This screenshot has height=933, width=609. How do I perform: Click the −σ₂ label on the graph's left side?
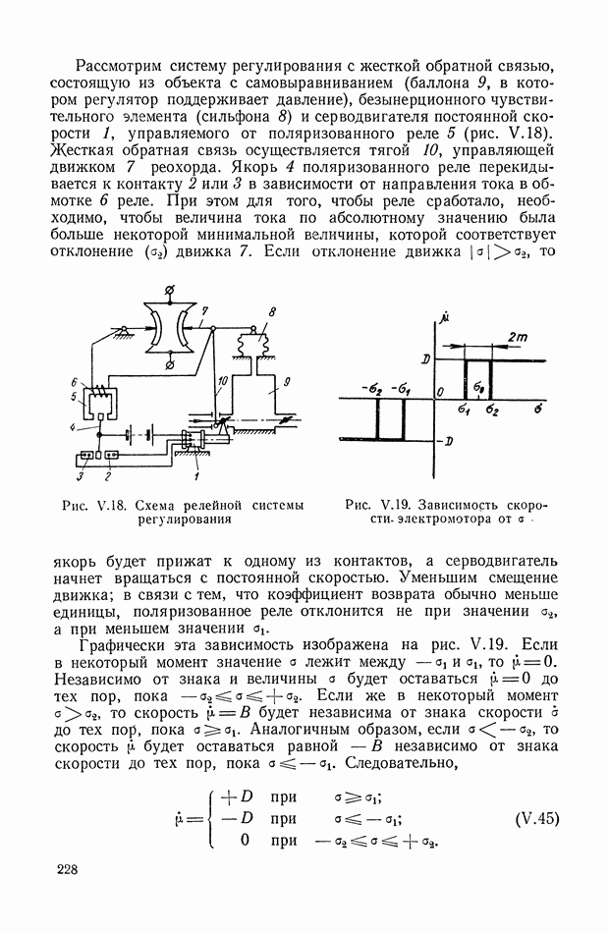click(373, 388)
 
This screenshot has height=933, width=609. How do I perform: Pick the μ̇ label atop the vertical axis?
click(444, 317)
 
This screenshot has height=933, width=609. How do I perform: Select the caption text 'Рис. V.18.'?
click(91, 505)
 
